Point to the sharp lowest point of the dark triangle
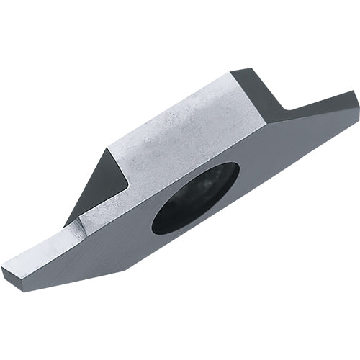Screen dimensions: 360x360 click(x=66, y=225)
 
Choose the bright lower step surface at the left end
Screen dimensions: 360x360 click(x=43, y=248)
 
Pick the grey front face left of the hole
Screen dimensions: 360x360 click(x=115, y=238)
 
